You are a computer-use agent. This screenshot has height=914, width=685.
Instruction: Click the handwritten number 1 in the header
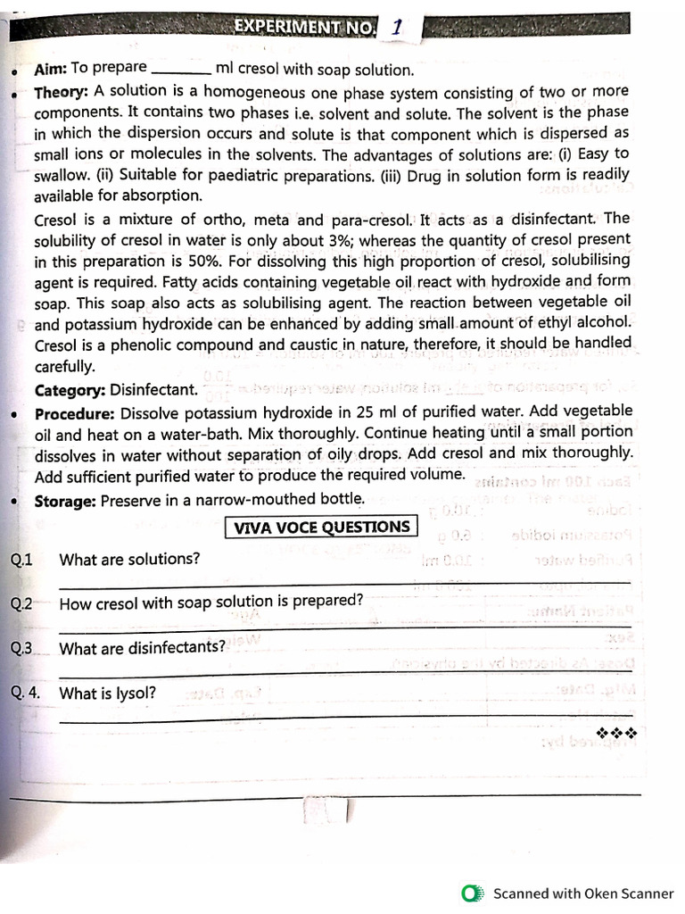coord(394,27)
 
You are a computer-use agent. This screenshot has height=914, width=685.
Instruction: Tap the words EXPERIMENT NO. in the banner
coord(305,27)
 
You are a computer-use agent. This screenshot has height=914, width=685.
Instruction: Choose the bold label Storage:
coord(65,501)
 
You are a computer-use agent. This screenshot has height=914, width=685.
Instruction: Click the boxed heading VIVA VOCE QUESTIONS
coord(321,527)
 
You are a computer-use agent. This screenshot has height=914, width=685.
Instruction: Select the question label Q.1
coord(21,560)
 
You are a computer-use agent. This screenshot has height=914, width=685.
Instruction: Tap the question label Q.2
coord(21,603)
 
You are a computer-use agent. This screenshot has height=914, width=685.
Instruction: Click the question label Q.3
coord(21,648)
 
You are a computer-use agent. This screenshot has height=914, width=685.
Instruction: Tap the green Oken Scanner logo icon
coord(472,893)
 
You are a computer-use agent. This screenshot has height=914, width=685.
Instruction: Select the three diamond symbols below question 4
coord(616,733)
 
